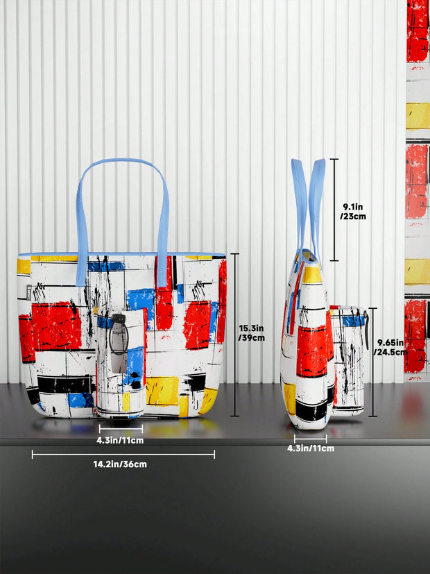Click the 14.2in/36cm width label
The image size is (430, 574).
(x=123, y=464)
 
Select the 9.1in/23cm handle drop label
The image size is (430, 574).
(x=354, y=211)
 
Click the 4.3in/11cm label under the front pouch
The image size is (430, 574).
(x=120, y=440)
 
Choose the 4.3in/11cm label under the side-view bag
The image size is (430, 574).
(x=310, y=448)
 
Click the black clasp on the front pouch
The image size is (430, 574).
(x=119, y=333)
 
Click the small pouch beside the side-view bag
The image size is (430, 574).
(x=349, y=361)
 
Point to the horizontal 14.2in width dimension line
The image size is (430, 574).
(x=123, y=455)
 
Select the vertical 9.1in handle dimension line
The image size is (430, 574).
(x=334, y=210)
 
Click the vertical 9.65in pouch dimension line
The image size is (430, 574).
(x=373, y=362)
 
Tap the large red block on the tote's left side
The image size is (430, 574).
(x=56, y=326)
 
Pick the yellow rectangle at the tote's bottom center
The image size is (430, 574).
(x=162, y=390)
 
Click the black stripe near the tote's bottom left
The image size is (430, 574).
(x=64, y=384)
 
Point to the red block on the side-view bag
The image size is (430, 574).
(x=311, y=351)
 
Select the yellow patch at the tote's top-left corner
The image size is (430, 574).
(x=24, y=267)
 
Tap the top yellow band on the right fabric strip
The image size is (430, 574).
(x=418, y=115)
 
